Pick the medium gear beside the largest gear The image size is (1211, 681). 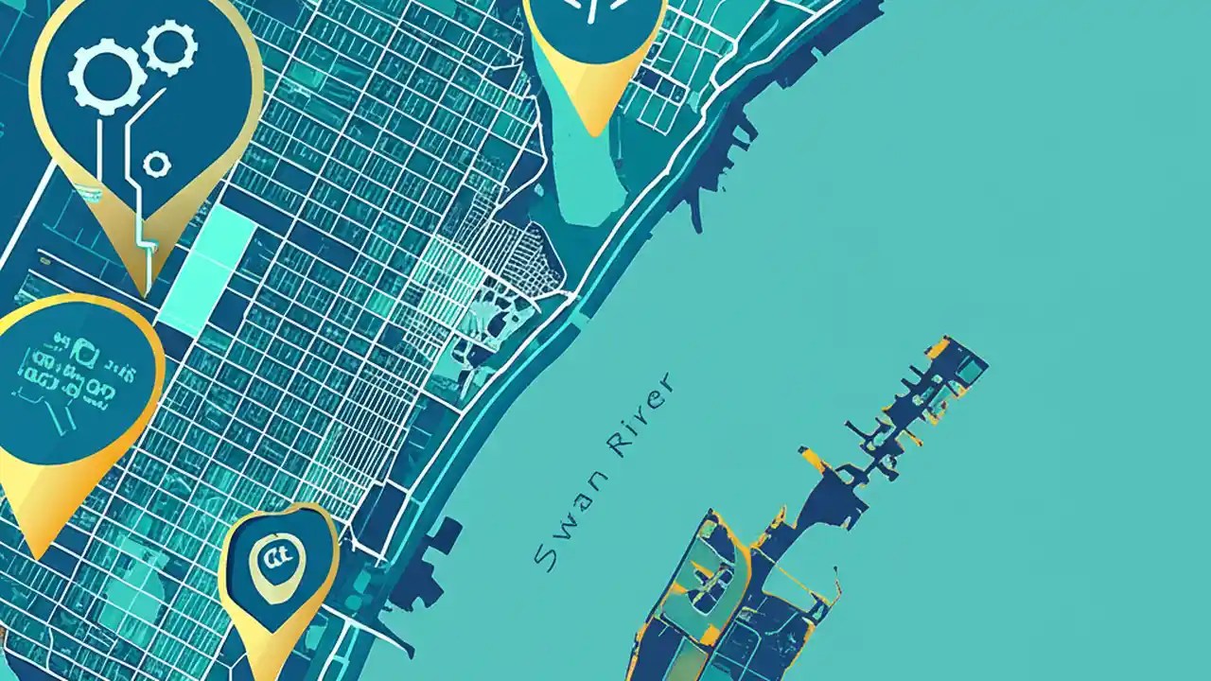pos(171,47)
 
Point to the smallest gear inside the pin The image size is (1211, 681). pos(156,165)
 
